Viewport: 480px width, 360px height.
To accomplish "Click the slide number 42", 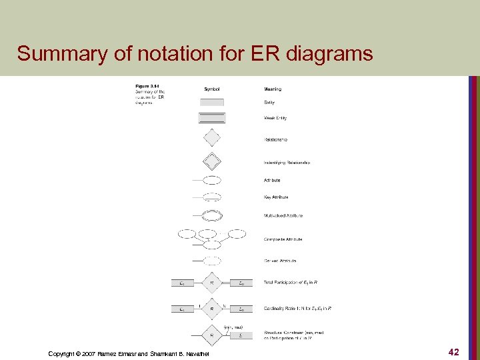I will click(x=453, y=351).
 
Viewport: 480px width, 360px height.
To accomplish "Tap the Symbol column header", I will click(x=212, y=89).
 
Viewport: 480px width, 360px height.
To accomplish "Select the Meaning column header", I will click(x=273, y=89).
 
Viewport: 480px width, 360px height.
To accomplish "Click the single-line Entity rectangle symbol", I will click(x=212, y=102).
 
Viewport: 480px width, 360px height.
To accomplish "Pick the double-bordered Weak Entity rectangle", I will click(x=212, y=118).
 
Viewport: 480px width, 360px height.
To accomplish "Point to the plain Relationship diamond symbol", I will click(x=211, y=138).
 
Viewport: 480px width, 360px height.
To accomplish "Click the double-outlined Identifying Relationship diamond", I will click(x=211, y=161).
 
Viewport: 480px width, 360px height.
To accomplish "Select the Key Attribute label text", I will click(x=276, y=197).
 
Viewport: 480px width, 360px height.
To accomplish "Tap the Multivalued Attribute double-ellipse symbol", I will click(x=212, y=215).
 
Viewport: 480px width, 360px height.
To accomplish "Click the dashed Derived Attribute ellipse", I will click(x=212, y=261).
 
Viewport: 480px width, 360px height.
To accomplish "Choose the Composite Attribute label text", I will click(x=283, y=239).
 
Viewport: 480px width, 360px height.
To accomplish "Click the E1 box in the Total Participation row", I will click(x=183, y=283).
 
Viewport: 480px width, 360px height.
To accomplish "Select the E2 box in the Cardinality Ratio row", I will click(x=241, y=309).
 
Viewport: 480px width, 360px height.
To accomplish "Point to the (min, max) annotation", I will click(x=233, y=327).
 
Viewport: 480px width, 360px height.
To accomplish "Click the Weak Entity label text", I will click(x=276, y=119).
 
